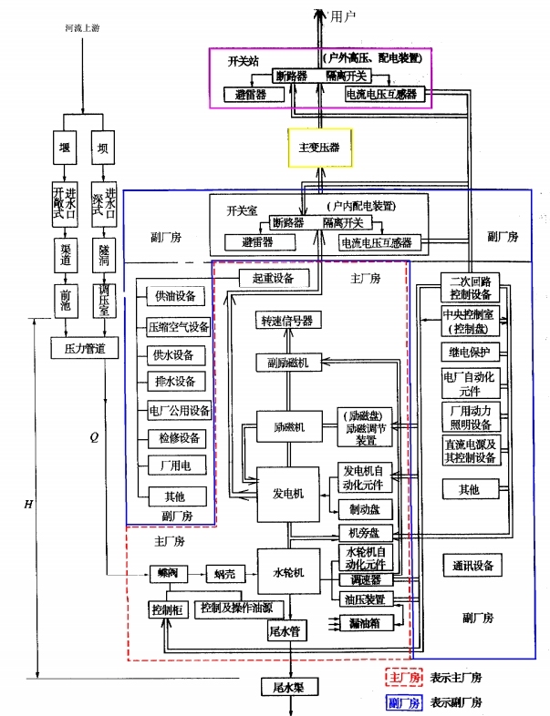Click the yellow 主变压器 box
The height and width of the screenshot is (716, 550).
click(319, 146)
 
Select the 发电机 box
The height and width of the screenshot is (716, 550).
click(288, 493)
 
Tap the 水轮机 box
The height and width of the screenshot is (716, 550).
click(288, 573)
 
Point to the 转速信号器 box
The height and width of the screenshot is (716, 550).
click(288, 321)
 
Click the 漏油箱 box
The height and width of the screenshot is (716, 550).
click(364, 623)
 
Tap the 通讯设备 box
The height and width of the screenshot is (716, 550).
click(472, 566)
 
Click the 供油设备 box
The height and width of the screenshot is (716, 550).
click(177, 296)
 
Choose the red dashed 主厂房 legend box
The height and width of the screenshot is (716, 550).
click(401, 678)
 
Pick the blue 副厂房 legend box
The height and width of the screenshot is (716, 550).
click(401, 702)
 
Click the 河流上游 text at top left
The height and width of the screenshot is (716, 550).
click(79, 29)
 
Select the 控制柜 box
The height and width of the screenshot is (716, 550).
click(167, 608)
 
